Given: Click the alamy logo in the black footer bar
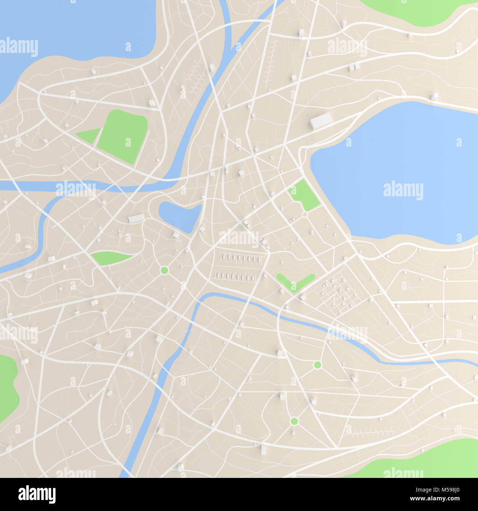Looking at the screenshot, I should tap(37, 494).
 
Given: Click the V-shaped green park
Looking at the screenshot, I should tap(295, 282).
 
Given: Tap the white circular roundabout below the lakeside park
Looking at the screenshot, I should tap(304, 214).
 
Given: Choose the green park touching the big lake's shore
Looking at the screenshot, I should tap(304, 195).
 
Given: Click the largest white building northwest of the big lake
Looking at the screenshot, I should tap(321, 121).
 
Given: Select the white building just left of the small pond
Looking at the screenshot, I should tap(136, 218).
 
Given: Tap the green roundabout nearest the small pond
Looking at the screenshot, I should tap(164, 271).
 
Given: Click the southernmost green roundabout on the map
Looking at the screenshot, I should tap(294, 421).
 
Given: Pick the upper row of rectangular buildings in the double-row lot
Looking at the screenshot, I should tap(241, 258).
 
